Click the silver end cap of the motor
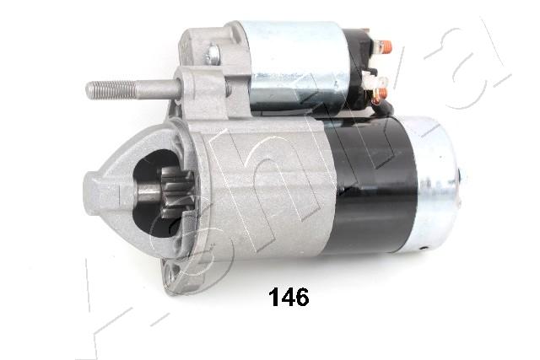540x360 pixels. (439, 181)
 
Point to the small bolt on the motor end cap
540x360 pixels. (462, 175)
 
